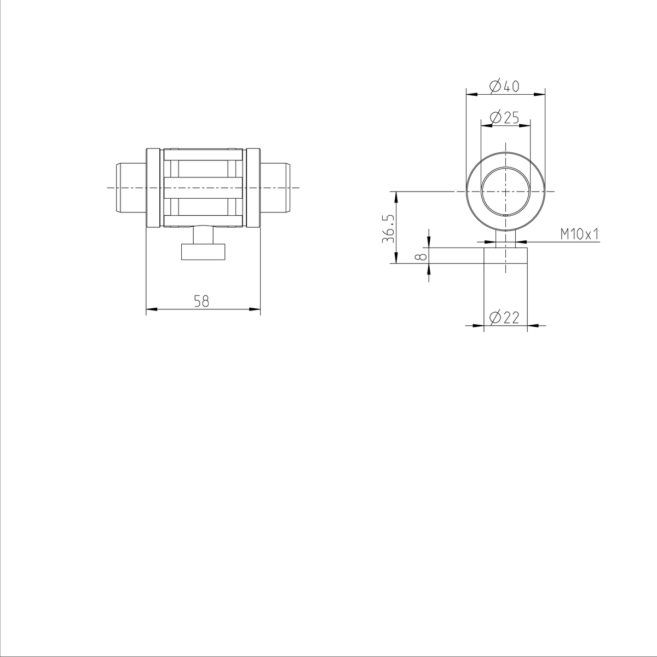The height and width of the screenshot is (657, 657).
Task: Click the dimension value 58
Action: pos(201,301)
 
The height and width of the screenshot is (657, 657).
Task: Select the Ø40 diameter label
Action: pos(504,86)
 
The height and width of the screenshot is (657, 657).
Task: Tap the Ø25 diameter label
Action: pos(504,117)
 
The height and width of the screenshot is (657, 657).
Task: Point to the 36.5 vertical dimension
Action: pos(387,228)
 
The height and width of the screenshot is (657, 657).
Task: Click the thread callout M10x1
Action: pos(580,234)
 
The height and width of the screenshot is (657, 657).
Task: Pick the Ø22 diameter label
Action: pos(504,318)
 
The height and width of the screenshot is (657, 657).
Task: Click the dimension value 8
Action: pos(420,256)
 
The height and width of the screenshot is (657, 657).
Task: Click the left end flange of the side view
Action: pos(153,187)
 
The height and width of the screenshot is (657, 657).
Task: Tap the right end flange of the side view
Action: pos(252,187)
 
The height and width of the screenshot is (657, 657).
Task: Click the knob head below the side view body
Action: pos(203,252)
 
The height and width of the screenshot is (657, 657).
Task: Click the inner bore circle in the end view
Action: pos(505,192)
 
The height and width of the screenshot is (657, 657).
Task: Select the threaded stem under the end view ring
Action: pos(505,239)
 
